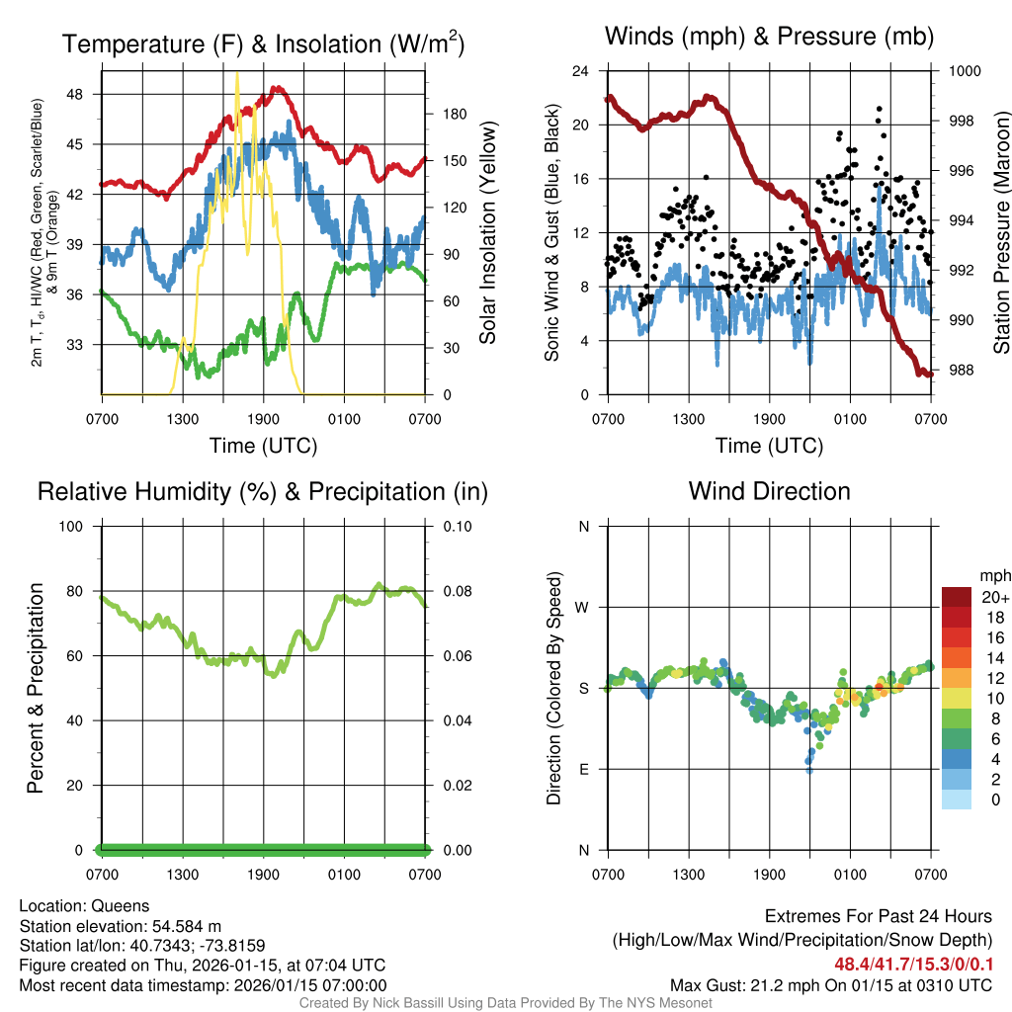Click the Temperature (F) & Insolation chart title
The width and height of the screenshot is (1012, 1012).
tap(263, 44)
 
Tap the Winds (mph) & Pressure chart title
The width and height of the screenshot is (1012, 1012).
tap(769, 38)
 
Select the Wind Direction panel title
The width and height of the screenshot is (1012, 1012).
tap(769, 491)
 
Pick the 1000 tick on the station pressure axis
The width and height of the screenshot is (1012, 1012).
tap(963, 71)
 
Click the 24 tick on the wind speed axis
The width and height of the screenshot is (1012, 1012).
tap(581, 71)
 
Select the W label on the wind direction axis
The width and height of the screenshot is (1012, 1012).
tap(583, 607)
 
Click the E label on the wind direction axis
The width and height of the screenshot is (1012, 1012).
tap(583, 769)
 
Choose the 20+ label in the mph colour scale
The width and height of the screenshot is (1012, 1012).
tap(994, 597)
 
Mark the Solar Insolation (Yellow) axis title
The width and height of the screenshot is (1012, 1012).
tap(487, 232)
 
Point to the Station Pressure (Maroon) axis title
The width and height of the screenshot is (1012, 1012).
tap(1001, 232)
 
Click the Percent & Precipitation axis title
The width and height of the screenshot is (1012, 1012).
tap(35, 687)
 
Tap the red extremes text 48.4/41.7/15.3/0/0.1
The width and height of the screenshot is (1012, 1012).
tap(913, 964)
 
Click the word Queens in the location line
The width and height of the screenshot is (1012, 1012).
tap(121, 905)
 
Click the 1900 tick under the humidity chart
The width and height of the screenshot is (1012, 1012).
tap(263, 874)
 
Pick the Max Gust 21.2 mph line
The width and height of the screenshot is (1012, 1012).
tap(830, 984)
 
